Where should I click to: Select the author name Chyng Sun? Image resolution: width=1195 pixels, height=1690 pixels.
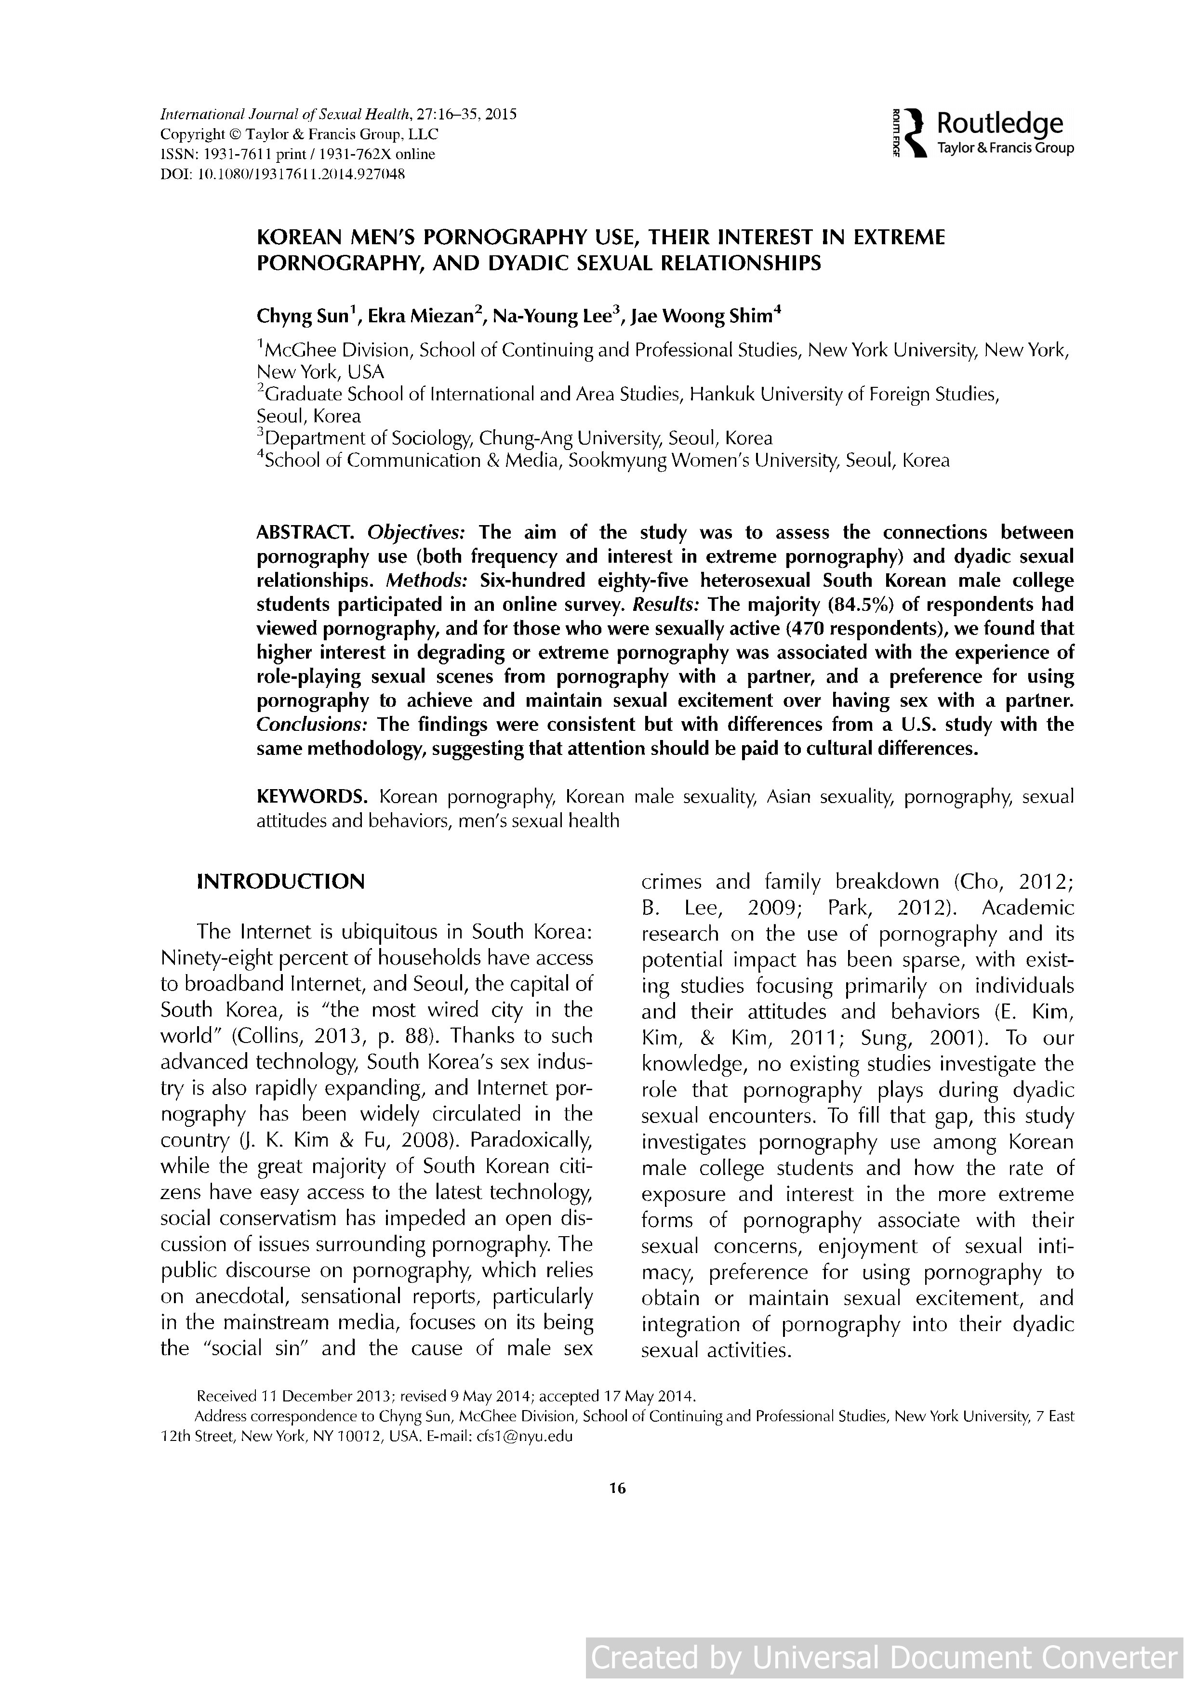point(301,317)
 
